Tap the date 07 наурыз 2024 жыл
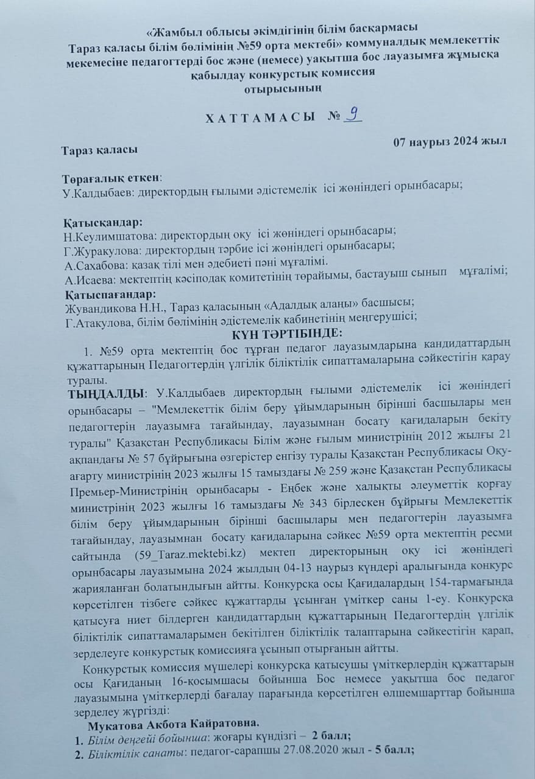[446, 142]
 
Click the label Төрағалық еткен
[112, 178]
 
